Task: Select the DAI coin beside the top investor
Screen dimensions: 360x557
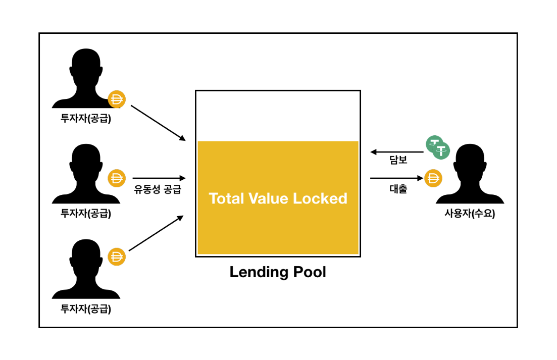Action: (x=117, y=99)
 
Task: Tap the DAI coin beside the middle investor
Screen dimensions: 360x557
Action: (x=117, y=178)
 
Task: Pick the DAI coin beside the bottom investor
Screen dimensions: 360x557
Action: (x=117, y=256)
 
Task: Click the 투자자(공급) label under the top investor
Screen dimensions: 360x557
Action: (x=86, y=119)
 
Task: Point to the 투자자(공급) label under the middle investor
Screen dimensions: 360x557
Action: (x=86, y=213)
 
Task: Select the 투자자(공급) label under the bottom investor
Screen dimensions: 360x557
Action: (x=86, y=308)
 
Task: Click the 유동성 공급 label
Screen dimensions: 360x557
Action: (x=158, y=190)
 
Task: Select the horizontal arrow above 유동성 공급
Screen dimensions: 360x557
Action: (x=159, y=178)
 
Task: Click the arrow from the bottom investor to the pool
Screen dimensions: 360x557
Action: (x=156, y=233)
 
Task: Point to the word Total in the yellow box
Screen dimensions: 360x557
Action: (x=226, y=198)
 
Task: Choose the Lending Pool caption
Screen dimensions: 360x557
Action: (x=278, y=272)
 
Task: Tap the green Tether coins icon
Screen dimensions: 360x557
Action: (x=437, y=147)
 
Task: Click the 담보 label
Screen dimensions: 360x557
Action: (x=398, y=160)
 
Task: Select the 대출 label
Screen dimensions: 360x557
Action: (x=398, y=190)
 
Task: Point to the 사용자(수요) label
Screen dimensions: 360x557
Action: (x=470, y=213)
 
